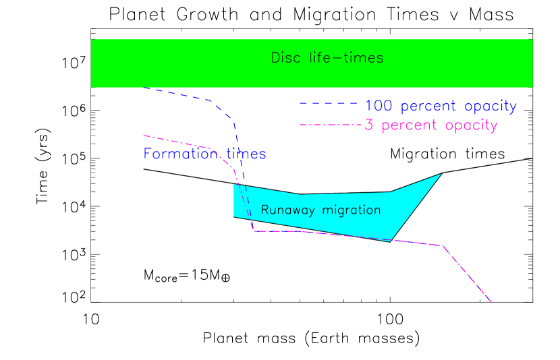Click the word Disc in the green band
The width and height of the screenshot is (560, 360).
284,58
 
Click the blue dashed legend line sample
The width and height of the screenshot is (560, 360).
328,103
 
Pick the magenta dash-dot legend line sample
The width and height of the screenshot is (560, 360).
331,125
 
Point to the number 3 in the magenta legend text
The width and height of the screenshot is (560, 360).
369,125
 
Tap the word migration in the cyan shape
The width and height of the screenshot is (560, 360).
351,210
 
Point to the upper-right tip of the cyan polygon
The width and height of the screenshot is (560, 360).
441,174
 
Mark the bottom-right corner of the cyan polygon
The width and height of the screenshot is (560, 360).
391,241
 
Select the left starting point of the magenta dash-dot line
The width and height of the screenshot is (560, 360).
143,135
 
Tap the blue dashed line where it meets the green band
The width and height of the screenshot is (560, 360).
143,88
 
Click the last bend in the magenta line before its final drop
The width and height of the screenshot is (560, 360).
442,245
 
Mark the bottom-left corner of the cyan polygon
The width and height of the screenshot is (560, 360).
233,216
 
